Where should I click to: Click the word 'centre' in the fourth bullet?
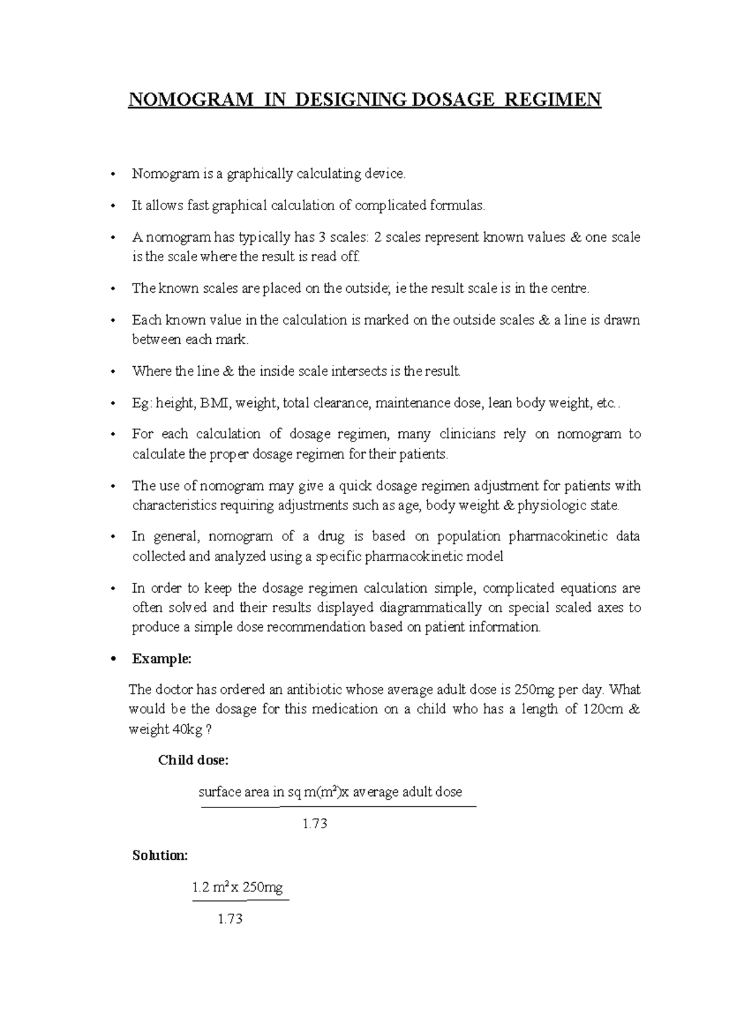tap(569, 288)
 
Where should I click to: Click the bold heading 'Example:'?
tap(162, 659)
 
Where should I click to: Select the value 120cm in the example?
tap(603, 709)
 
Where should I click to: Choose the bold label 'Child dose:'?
tap(193, 760)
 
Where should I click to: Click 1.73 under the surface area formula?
tap(315, 824)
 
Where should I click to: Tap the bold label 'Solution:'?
tap(160, 856)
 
